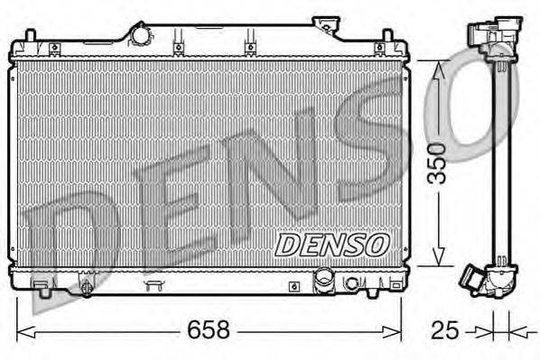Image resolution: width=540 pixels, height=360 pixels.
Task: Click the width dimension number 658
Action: click(209, 330)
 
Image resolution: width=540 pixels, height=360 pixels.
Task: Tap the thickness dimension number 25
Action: click(442, 330)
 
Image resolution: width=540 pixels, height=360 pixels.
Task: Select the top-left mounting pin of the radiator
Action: click(29, 38)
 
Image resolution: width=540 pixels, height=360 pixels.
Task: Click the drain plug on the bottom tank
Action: click(86, 288)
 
